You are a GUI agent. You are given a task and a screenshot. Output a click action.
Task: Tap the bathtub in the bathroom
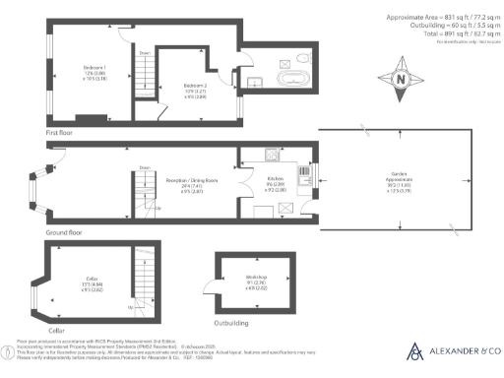coord(293,78)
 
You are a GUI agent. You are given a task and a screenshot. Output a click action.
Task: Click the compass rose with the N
coord(400,80)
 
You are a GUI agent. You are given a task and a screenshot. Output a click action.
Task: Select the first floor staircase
coord(145,79)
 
